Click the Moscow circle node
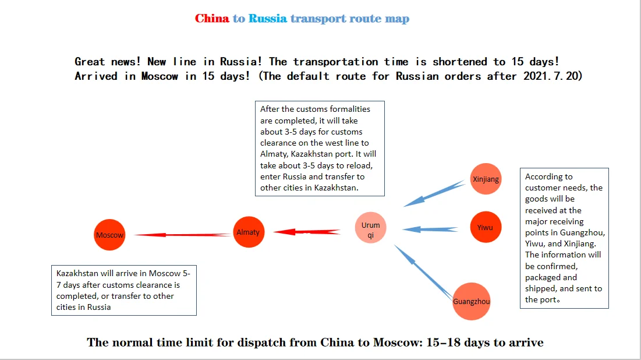(x=110, y=235)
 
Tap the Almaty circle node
(x=248, y=232)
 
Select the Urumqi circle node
(x=370, y=228)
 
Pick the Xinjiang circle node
(x=486, y=179)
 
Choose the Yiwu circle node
(x=485, y=227)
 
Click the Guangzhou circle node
(x=472, y=301)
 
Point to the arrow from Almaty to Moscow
(x=183, y=235)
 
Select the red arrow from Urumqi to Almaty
(x=307, y=232)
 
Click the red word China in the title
(x=212, y=19)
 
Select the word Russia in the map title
(x=267, y=19)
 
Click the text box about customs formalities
(x=320, y=149)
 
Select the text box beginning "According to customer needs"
(x=564, y=238)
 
